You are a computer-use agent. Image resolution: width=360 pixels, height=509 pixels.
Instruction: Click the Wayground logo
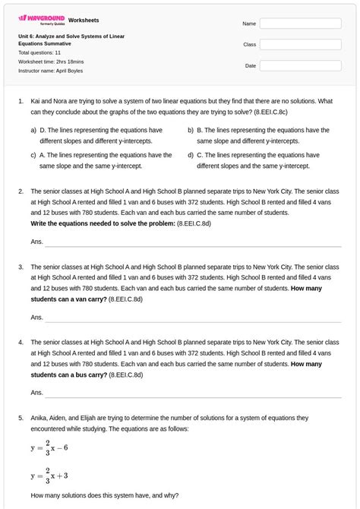[41, 19]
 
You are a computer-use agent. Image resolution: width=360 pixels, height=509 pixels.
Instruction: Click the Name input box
[300, 24]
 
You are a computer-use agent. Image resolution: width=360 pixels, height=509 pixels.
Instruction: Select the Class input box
[300, 45]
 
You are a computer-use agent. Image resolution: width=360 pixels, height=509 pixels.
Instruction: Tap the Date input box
[300, 66]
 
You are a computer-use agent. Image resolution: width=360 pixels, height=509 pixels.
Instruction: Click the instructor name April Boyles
[51, 71]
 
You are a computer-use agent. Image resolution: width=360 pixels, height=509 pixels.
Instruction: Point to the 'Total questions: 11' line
[39, 52]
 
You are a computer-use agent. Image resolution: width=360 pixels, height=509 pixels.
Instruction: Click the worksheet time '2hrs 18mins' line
[51, 62]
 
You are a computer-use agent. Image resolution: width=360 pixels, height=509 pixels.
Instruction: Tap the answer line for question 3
[193, 320]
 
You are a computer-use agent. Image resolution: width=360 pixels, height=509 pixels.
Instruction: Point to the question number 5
[21, 418]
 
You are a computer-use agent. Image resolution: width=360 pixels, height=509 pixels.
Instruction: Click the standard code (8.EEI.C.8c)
[271, 111]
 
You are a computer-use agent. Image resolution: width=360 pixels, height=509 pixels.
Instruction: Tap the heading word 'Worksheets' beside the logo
[84, 20]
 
